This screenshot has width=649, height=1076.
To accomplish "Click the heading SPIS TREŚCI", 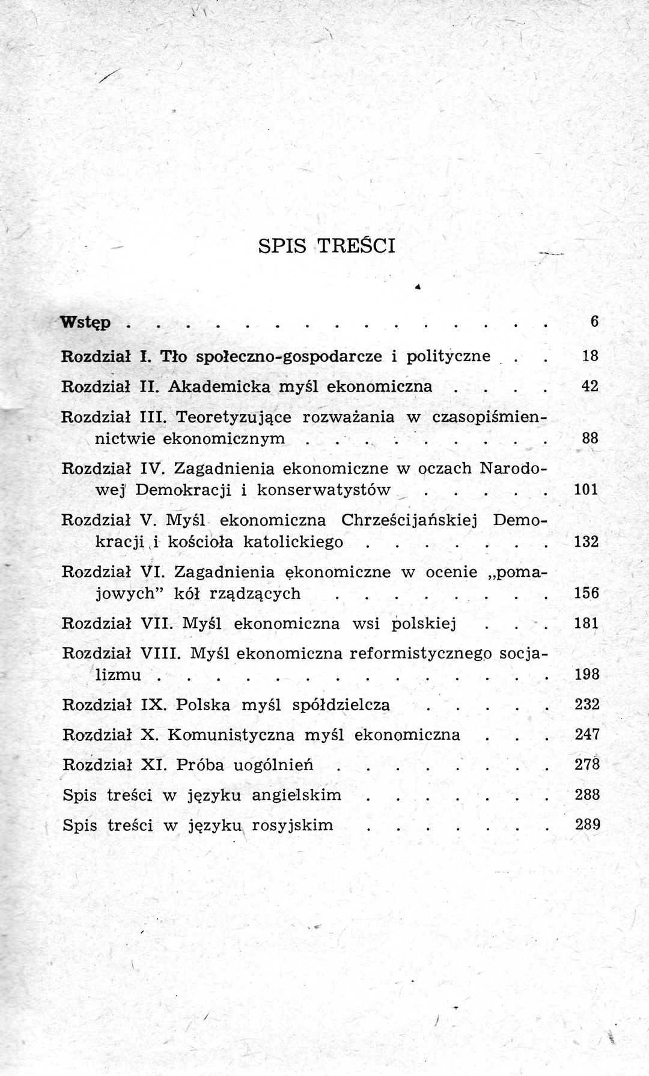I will pyautogui.click(x=326, y=246).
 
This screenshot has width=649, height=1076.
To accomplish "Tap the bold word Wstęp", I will pyautogui.click(x=85, y=323).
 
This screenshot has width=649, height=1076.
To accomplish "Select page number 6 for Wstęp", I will pyautogui.click(x=594, y=321).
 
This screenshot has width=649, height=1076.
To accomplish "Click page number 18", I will pyautogui.click(x=590, y=356).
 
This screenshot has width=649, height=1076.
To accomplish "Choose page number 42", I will pyautogui.click(x=590, y=386).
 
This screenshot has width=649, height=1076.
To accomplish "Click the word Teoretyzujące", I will pyautogui.click(x=233, y=416).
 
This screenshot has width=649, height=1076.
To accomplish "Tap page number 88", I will pyautogui.click(x=590, y=438).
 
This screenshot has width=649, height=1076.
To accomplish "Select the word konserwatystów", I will pyautogui.click(x=324, y=490).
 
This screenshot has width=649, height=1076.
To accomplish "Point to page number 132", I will pyautogui.click(x=587, y=541).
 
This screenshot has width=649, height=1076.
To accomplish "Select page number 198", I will pyautogui.click(x=587, y=675).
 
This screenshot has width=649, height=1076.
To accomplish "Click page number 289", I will pyautogui.click(x=588, y=824).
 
